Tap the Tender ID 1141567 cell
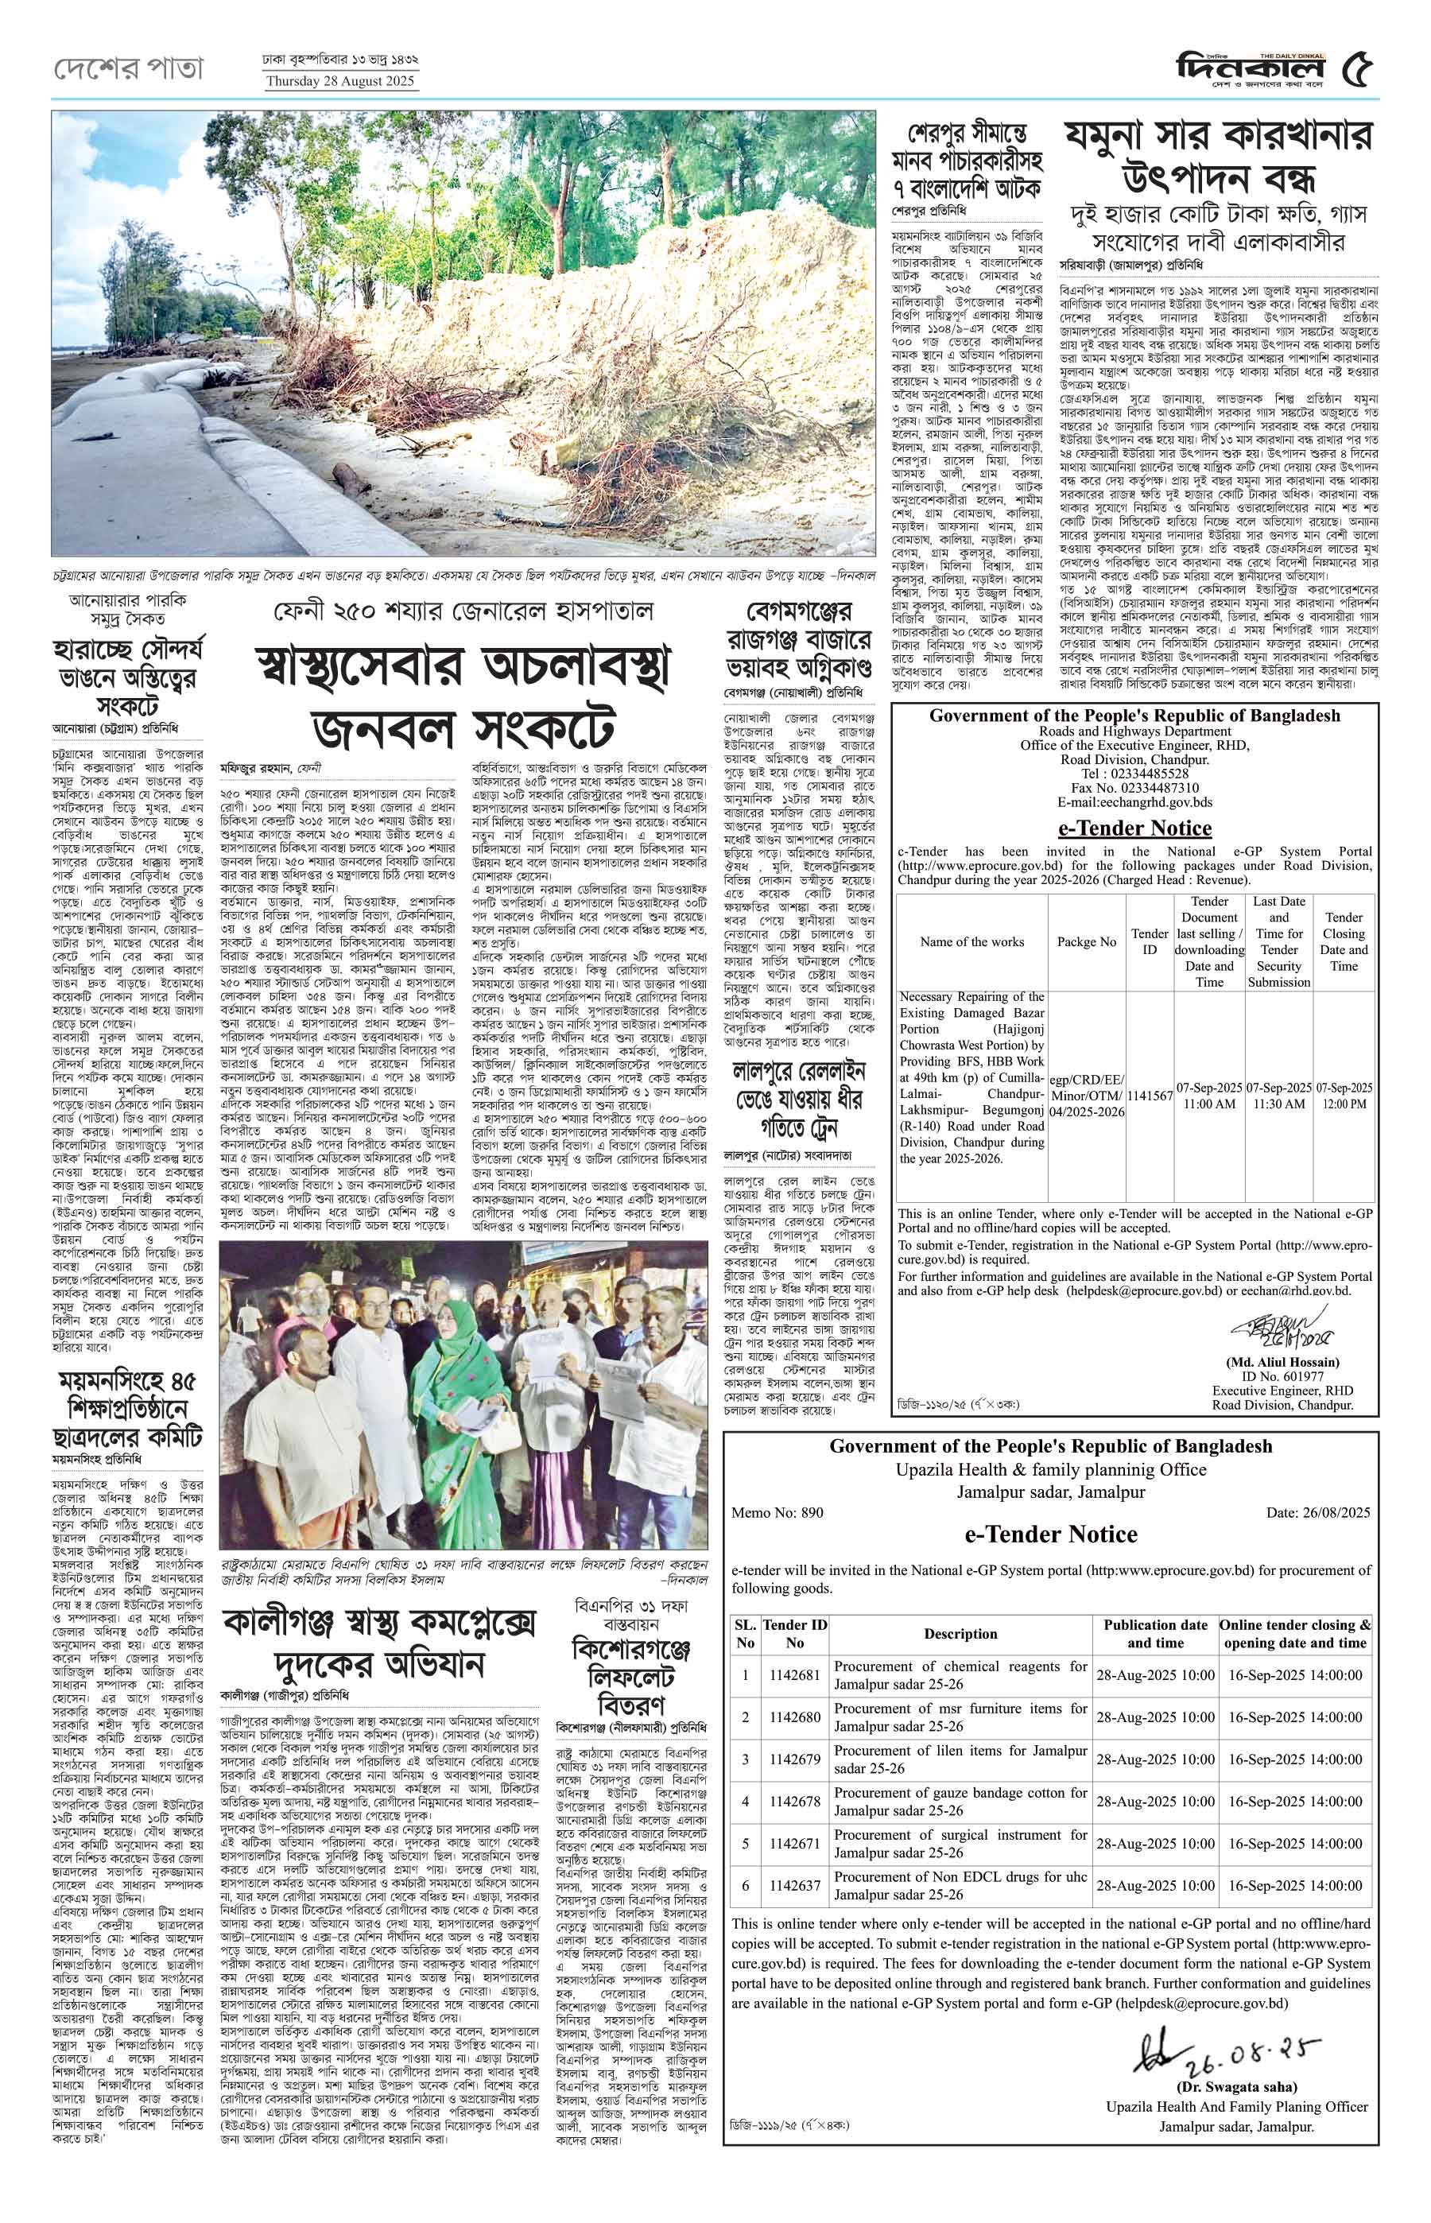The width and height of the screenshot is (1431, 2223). (x=1150, y=1096)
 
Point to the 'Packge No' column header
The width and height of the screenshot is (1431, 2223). (x=1086, y=941)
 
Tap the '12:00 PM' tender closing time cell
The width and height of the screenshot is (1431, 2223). (x=1344, y=1096)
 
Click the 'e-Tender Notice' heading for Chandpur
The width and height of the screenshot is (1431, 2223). (x=1134, y=827)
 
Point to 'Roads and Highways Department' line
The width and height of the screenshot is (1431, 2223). (x=1134, y=731)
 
